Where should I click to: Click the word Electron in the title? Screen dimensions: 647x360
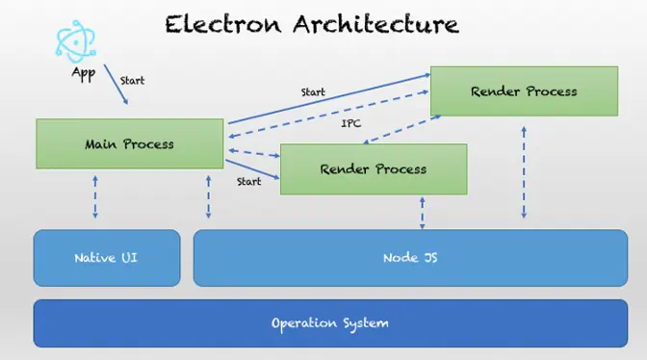(223, 24)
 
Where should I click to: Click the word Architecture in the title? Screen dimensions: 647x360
(375, 24)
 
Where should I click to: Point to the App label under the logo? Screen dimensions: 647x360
(84, 73)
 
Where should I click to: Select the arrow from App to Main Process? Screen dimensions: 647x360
(116, 84)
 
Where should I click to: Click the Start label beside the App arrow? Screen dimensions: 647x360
(133, 81)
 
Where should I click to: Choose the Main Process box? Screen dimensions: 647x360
(130, 144)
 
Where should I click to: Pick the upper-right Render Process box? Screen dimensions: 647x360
(524, 91)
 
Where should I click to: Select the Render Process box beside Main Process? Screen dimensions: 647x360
(374, 169)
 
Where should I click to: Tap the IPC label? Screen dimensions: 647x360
(351, 123)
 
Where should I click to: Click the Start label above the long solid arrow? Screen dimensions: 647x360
(313, 92)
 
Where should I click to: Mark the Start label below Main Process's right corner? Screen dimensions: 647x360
(248, 181)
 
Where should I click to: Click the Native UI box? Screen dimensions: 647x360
(107, 258)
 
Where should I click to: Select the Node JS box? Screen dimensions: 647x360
(410, 258)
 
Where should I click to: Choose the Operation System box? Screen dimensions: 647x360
(330, 323)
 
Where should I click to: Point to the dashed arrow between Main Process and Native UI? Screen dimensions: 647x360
(95, 197)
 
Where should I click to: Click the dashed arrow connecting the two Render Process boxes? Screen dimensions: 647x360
(401, 130)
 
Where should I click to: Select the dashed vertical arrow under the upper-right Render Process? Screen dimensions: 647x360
(524, 172)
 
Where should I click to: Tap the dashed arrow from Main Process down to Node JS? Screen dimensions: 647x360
(208, 197)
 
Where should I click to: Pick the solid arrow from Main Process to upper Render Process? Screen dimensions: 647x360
(329, 98)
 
